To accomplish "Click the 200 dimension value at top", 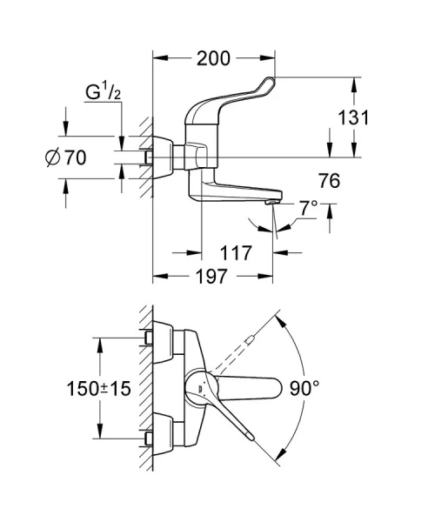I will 212,58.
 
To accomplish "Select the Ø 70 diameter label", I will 64,157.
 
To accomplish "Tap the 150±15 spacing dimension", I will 97,389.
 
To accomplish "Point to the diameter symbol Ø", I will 49,157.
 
